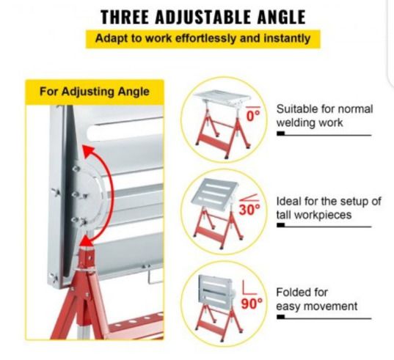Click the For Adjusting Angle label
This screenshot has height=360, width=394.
tap(95, 92)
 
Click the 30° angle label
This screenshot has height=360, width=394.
tap(249, 210)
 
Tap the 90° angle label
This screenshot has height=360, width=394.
tap(252, 304)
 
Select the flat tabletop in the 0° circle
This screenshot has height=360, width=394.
tap(222, 97)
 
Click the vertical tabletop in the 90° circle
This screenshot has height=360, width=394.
tap(216, 290)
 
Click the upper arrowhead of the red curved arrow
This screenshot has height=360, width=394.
tap(89, 152)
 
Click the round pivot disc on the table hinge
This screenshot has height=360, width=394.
tap(88, 194)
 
